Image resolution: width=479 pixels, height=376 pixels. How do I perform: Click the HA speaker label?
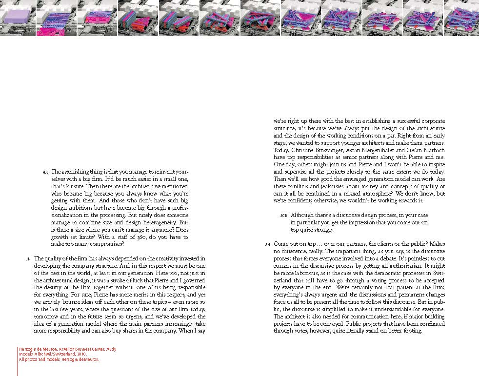coord(45,172)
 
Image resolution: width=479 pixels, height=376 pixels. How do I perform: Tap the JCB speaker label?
coord(284,216)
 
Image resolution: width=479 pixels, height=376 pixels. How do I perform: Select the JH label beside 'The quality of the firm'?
coord(28,259)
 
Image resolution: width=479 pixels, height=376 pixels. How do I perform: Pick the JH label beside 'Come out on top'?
coord(267,244)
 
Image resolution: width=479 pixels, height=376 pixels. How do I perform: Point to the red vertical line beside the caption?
coord(17,361)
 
